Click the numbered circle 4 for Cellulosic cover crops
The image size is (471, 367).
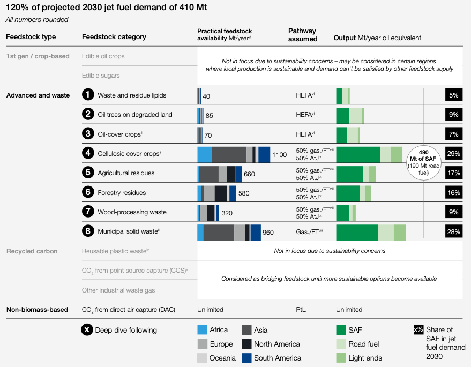pyautogui.click(x=88, y=153)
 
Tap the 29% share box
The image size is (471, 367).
pyautogui.click(x=453, y=154)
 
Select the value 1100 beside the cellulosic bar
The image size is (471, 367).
pyautogui.click(x=280, y=154)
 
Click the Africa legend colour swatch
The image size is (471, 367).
pyautogui.click(x=203, y=330)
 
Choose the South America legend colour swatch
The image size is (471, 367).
pyautogui.click(x=246, y=358)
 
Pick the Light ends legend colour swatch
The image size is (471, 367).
pyautogui.click(x=341, y=358)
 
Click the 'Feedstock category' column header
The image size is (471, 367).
pyautogui.click(x=114, y=37)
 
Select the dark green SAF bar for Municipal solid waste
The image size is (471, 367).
pyautogui.click(x=357, y=232)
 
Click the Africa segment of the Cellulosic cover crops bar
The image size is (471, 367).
pyautogui.click(x=205, y=154)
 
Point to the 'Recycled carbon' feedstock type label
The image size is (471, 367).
pyautogui.click(x=32, y=251)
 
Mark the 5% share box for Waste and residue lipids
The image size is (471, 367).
pyautogui.click(x=453, y=95)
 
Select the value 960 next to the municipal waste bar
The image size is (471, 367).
pyautogui.click(x=268, y=233)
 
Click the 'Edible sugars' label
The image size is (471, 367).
pyautogui.click(x=101, y=76)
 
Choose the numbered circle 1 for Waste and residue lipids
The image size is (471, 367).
pyautogui.click(x=88, y=95)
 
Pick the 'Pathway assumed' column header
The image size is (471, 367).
pyautogui.click(x=303, y=35)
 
